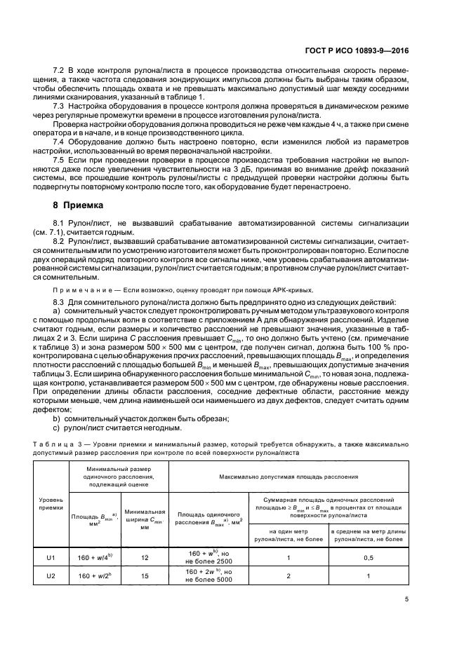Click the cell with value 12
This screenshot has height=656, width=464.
click(145, 559)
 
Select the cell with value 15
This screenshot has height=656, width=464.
click(145, 575)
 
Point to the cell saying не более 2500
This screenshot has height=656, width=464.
click(209, 563)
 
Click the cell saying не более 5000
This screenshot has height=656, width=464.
click(209, 580)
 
